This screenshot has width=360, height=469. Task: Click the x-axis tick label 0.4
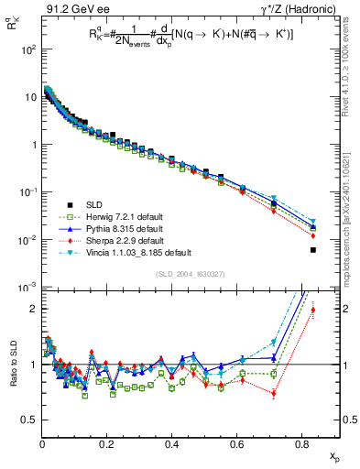click(x=172, y=445)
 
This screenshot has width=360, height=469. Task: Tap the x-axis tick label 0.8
click(x=302, y=445)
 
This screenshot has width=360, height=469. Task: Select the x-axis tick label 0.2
click(x=107, y=445)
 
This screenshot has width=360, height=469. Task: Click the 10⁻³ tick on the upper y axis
click(x=27, y=287)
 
